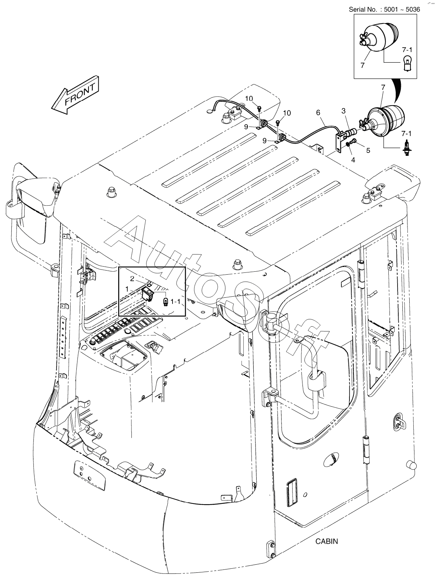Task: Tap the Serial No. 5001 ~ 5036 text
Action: tap(384, 10)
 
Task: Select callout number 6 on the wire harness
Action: tap(318, 112)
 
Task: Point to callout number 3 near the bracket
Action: tap(344, 110)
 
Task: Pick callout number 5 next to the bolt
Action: tap(368, 150)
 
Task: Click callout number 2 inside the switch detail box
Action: tap(132, 279)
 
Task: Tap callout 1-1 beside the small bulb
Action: tap(176, 302)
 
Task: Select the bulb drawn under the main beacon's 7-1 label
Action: tap(406, 149)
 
